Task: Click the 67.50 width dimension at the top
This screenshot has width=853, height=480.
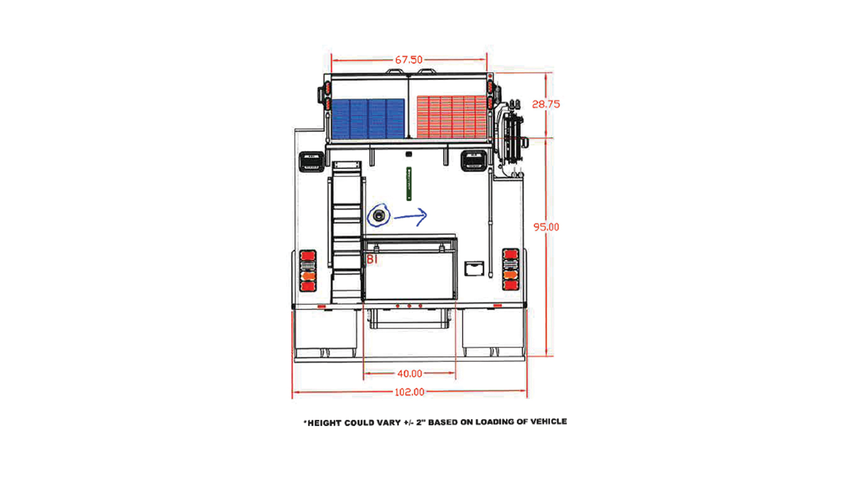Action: [408, 60]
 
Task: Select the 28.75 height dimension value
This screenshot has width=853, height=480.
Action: [546, 104]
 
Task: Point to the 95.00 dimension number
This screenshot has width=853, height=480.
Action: [546, 227]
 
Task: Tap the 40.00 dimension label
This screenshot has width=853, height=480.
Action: [410, 374]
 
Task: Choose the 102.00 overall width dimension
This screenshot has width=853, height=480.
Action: [409, 392]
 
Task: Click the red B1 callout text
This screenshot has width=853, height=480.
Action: [372, 259]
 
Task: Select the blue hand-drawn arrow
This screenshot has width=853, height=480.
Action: [411, 217]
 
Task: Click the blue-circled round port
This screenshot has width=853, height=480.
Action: [379, 216]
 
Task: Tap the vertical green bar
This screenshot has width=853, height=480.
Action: [408, 183]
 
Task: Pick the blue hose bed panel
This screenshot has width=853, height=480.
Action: [368, 119]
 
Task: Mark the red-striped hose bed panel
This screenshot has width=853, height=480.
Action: [452, 117]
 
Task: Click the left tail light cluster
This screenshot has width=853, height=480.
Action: [308, 271]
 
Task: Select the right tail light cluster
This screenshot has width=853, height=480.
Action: [510, 269]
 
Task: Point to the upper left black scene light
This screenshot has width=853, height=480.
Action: [311, 162]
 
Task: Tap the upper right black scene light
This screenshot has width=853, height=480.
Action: [474, 161]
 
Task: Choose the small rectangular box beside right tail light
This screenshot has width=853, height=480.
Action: [474, 268]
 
